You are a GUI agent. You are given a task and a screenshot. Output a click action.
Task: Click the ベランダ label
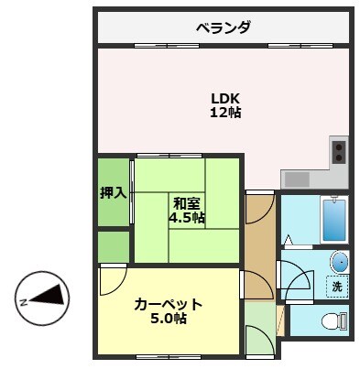223,27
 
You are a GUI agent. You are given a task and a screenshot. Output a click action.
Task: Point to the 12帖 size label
225,114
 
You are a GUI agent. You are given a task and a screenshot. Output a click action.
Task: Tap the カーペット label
168,304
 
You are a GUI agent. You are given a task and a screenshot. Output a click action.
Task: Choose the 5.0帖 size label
168,319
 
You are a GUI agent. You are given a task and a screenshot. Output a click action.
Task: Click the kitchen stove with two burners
338,150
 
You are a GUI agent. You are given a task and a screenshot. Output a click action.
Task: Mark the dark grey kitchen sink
298,178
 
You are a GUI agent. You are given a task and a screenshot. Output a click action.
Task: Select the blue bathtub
333,220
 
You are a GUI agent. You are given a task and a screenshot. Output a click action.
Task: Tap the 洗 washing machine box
336,285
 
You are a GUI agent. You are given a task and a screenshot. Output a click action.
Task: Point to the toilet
333,320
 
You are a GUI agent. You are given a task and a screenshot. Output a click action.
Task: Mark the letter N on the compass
21,300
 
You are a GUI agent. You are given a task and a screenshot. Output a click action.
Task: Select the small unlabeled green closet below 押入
114,246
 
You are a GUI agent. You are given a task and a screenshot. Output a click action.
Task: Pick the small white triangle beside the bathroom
289,242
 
